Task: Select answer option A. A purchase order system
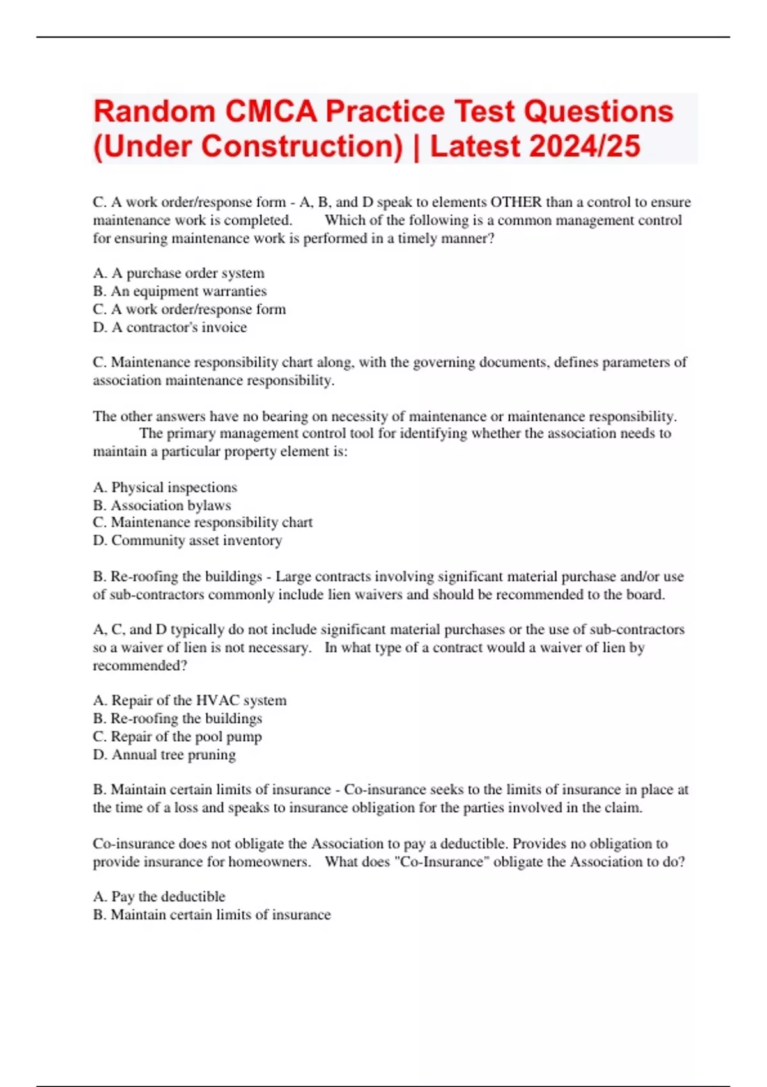178,273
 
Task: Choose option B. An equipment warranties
180,291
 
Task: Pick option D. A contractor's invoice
169,327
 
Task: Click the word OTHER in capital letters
516,202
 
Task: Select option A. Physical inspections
165,487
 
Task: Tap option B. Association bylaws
162,505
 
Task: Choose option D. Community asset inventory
187,540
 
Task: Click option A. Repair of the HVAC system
189,700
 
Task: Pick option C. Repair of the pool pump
177,737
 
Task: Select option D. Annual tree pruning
164,755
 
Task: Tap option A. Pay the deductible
159,896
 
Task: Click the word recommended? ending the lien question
140,666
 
